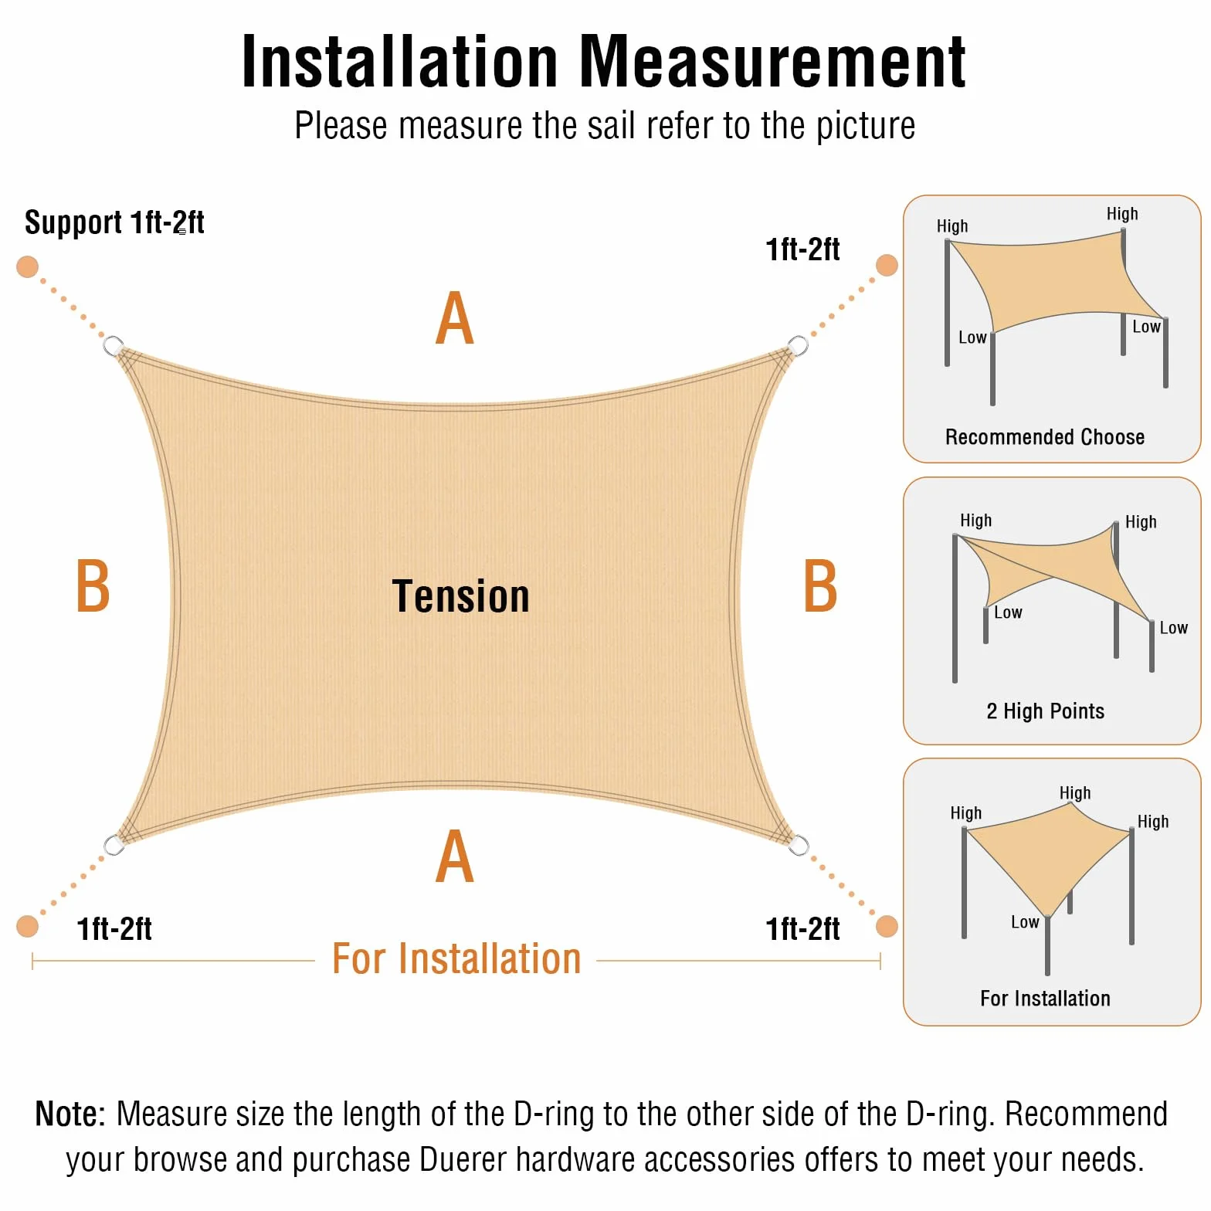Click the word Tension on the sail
[x=461, y=596]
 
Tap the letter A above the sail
[x=455, y=317]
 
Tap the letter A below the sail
[x=455, y=856]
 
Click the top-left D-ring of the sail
[x=114, y=344]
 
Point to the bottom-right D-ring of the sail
[x=799, y=845]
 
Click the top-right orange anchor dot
[x=887, y=265]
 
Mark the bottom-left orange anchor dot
[x=27, y=925]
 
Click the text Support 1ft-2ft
[x=114, y=222]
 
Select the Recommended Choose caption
[x=1045, y=437]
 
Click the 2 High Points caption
[x=1046, y=711]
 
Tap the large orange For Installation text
[x=456, y=959]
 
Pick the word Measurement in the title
[x=772, y=62]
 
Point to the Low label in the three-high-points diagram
[x=1025, y=921]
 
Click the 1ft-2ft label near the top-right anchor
[x=802, y=249]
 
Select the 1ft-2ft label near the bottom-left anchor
[x=114, y=928]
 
